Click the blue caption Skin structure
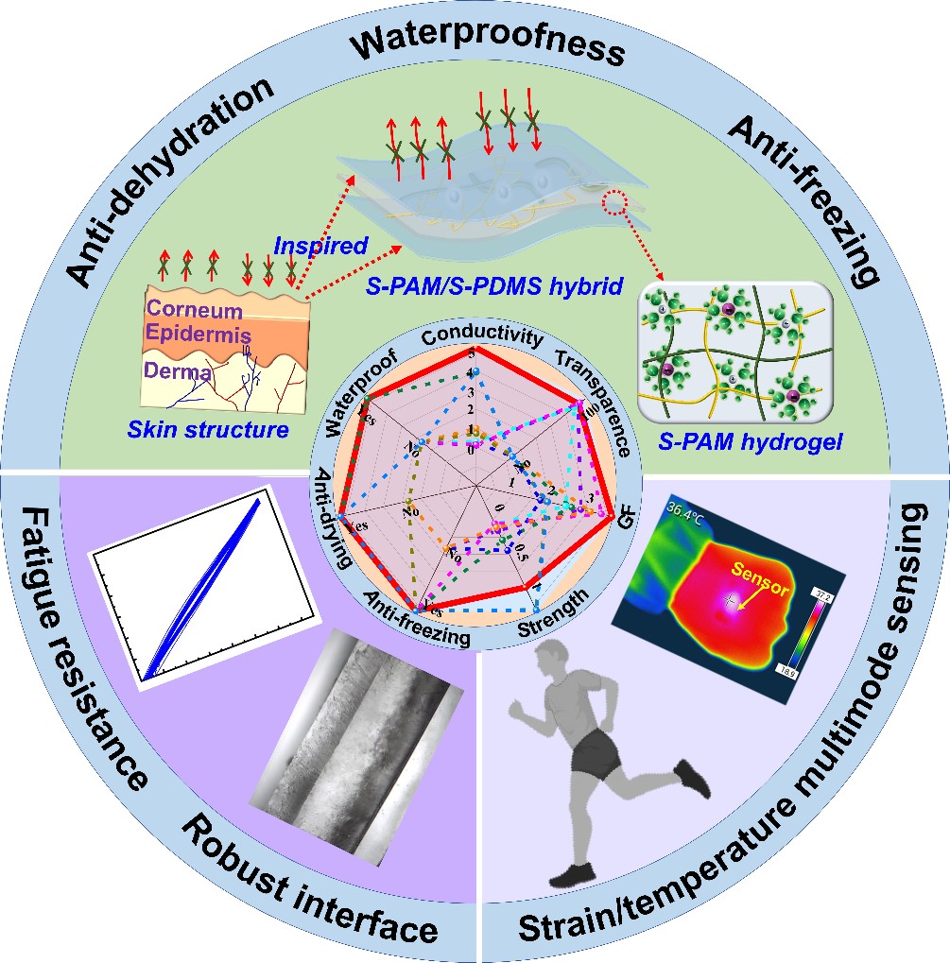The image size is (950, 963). pyautogui.click(x=208, y=430)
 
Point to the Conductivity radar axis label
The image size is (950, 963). pyautogui.click(x=482, y=337)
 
